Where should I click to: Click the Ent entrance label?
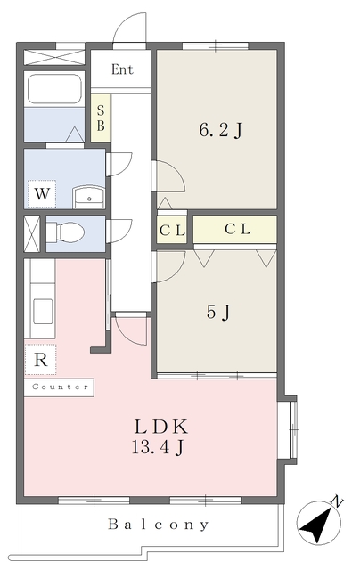pos(122,69)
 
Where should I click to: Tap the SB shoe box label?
pos(101,118)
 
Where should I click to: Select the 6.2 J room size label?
pos(220,130)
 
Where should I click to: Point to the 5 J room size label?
pos(218,312)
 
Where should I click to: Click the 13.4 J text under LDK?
pos(158,447)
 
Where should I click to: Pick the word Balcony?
pos(159,525)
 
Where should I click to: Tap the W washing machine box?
pos(42,194)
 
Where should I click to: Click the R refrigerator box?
pos(40,360)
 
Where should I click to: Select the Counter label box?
pos(60,387)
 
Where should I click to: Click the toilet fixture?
pos(66,232)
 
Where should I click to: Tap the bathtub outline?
pos(54,89)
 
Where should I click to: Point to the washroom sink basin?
pos(89,197)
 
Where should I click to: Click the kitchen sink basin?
pos(43,311)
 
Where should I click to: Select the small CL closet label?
pos(172,231)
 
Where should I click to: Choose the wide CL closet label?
pos(237,229)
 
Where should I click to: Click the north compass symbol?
pos(318,523)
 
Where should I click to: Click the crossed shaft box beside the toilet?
pos(32,233)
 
